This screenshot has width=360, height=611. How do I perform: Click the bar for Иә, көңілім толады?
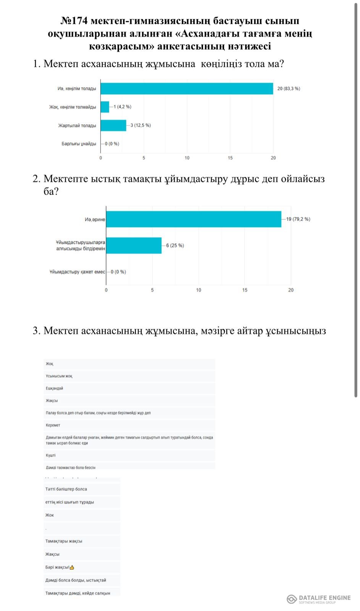click(x=187, y=89)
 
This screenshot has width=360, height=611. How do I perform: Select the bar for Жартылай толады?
click(x=113, y=125)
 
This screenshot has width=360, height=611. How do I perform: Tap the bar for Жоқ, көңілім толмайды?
click(x=105, y=107)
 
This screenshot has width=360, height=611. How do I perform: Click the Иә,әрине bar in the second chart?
click(x=194, y=219)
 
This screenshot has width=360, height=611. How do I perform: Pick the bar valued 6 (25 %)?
click(x=134, y=245)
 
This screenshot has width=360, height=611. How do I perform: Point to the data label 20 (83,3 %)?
click(x=289, y=89)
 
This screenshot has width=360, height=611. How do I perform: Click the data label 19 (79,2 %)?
click(x=298, y=219)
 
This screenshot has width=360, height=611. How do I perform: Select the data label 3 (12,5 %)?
click(x=140, y=125)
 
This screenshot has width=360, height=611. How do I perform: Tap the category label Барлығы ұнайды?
click(x=79, y=144)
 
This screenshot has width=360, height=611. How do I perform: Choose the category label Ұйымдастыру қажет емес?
click(x=77, y=272)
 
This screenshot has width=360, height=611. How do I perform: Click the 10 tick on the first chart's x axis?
click(x=187, y=158)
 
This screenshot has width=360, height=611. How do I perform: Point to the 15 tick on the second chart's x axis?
click(x=245, y=290)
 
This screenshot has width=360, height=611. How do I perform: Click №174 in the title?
click(x=74, y=21)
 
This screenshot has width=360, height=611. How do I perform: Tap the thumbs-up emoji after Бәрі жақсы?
click(x=72, y=567)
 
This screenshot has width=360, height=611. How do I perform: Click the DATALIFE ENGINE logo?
click(x=318, y=599)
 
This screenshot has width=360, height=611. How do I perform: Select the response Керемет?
click(x=53, y=425)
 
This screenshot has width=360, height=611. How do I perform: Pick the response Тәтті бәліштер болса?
click(x=66, y=489)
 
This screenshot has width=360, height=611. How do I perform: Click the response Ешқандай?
click(x=54, y=388)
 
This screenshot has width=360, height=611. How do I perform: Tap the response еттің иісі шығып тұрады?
click(x=69, y=502)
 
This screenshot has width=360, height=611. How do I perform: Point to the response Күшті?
click(x=51, y=455)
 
